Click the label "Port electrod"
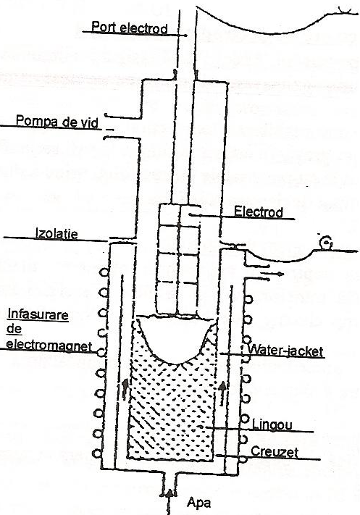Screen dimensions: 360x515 click(x=130, y=28)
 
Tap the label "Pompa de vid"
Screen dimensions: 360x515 click(x=57, y=122)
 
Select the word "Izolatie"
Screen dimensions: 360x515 click(x=56, y=234)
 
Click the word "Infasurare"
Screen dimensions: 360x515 click(x=38, y=314)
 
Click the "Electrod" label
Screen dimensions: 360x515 click(x=258, y=212)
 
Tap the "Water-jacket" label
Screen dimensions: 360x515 click(x=285, y=351)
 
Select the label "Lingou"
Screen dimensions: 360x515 click(x=272, y=425)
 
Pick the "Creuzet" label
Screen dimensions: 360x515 click(x=275, y=452)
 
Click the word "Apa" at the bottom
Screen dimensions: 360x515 click(x=198, y=503)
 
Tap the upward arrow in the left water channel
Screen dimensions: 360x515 click(x=125, y=388)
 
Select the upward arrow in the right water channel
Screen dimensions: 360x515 click(x=222, y=392)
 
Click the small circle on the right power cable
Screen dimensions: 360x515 click(x=326, y=243)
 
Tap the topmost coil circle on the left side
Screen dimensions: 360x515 click(x=104, y=272)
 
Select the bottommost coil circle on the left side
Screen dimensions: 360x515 click(x=97, y=453)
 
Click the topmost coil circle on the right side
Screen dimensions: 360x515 click(x=248, y=300)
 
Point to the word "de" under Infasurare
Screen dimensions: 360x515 click(x=14, y=329)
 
